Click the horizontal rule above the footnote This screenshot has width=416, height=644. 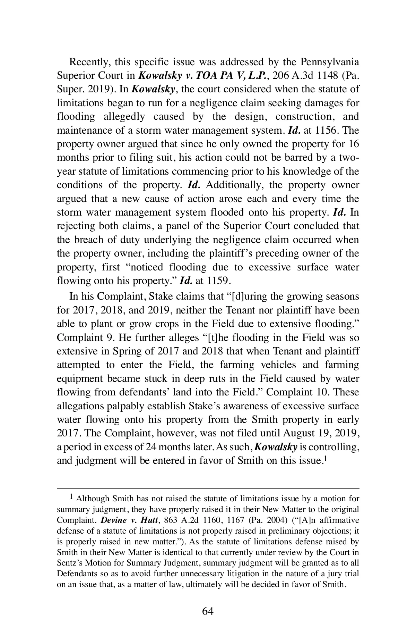click(x=208, y=488)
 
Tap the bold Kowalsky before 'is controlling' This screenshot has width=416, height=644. click(x=276, y=447)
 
